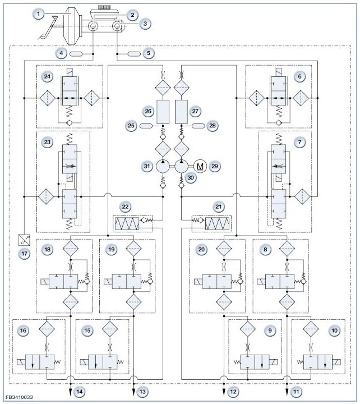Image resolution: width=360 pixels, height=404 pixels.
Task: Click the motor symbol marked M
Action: pyautogui.click(x=200, y=166)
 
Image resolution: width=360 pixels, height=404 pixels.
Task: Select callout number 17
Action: pyautogui.click(x=25, y=254)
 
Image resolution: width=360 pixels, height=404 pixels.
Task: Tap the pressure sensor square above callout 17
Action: pyautogui.click(x=25, y=240)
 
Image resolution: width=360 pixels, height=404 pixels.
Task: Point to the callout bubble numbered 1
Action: pyautogui.click(x=39, y=13)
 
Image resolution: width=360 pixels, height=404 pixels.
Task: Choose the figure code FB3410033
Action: pyautogui.click(x=19, y=397)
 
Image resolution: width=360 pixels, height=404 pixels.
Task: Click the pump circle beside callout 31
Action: pyautogui.click(x=163, y=166)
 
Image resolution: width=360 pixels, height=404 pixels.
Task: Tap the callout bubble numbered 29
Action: pyautogui.click(x=215, y=166)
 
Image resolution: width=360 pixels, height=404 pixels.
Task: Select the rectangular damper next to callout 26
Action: pyautogui.click(x=163, y=112)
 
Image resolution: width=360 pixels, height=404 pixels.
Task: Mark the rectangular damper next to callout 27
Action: pyautogui.click(x=181, y=112)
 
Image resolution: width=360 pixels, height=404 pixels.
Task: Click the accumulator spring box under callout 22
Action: pyautogui.click(x=127, y=224)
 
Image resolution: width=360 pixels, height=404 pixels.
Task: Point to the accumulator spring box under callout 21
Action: pyautogui.click(x=217, y=224)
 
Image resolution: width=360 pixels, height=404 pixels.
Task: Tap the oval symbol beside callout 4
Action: pyautogui.click(x=76, y=54)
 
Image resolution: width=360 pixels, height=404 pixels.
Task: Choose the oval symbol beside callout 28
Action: pyautogui.click(x=199, y=126)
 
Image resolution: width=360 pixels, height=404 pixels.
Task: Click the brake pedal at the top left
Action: pyautogui.click(x=48, y=27)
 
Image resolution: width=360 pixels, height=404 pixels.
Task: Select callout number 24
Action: pyautogui.click(x=47, y=76)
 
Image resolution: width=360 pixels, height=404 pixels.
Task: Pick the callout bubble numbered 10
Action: pyautogui.click(x=334, y=330)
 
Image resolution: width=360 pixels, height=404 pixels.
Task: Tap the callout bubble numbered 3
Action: pyautogui.click(x=145, y=24)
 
